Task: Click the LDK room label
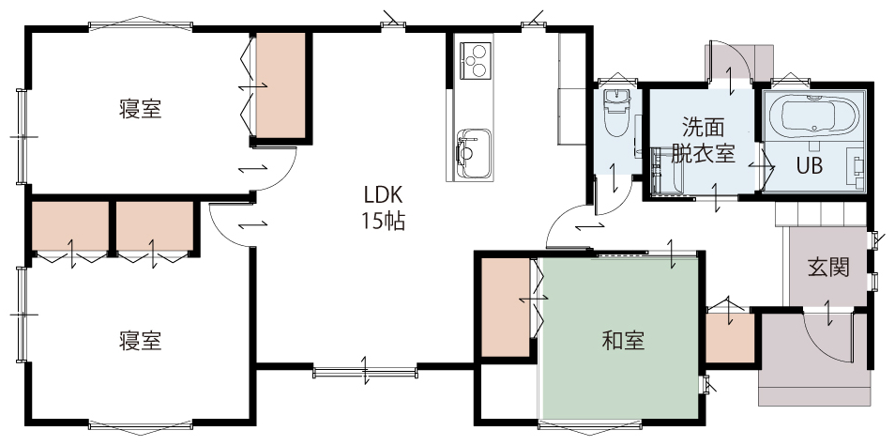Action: pos(384,194)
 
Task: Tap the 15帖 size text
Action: pos(384,221)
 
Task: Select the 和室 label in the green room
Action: pos(623,340)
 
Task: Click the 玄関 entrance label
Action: pos(828,267)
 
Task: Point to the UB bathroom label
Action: pos(810,165)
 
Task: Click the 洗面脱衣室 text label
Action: pos(703,139)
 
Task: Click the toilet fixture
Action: pos(615,113)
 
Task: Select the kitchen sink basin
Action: pos(473,153)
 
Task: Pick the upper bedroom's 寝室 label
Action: pos(141,109)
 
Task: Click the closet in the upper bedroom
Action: pos(281,85)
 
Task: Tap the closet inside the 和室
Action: pos(506,307)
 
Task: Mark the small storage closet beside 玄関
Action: pos(730,337)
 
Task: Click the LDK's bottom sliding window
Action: pos(365,373)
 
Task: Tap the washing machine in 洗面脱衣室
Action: pos(664,171)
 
